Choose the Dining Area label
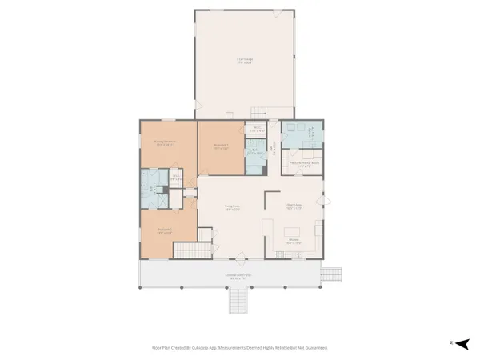pyautogui.click(x=294, y=206)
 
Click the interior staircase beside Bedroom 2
pyautogui.click(x=186, y=250)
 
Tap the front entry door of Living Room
pyautogui.click(x=240, y=258)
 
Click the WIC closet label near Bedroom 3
pyautogui.click(x=257, y=128)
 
